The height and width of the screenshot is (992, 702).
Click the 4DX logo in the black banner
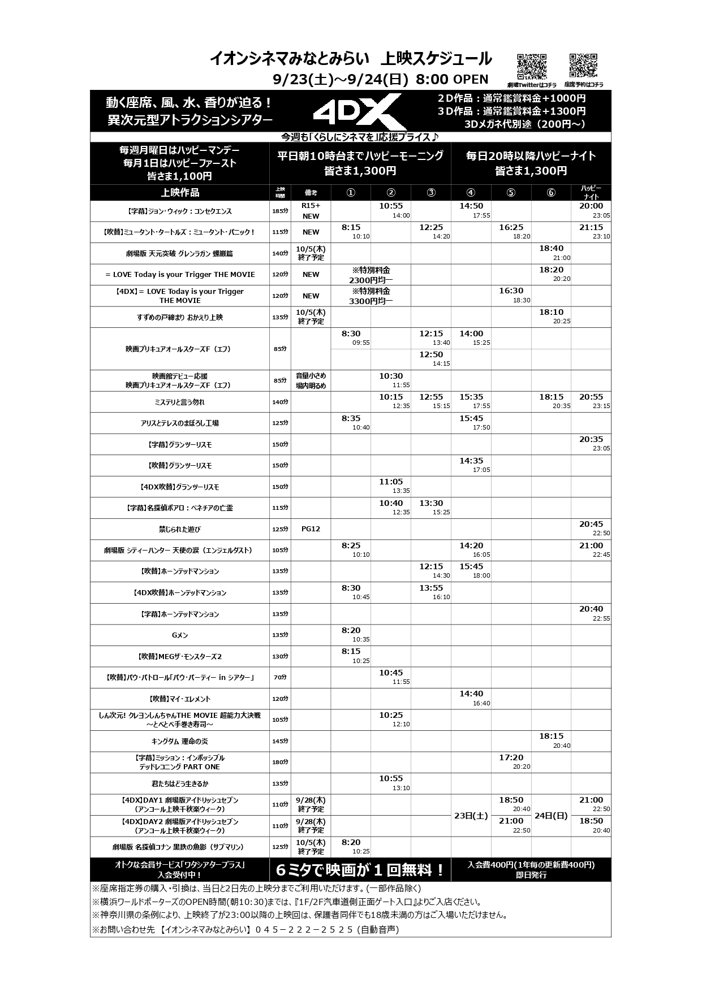click(358, 111)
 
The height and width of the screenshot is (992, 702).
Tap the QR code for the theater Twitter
click(532, 67)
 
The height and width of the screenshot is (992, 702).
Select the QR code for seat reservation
click(583, 67)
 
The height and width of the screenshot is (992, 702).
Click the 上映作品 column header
click(180, 192)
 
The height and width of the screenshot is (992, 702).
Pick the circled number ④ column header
click(471, 192)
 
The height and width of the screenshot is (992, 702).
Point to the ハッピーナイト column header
click(591, 192)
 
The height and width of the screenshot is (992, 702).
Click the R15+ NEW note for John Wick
click(311, 211)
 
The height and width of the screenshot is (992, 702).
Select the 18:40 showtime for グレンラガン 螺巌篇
click(551, 249)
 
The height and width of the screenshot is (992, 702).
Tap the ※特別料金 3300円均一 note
click(371, 296)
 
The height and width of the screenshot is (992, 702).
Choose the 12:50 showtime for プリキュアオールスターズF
click(431, 355)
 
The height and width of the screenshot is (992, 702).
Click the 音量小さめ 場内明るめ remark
click(311, 380)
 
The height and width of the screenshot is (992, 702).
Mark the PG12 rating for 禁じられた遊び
click(311, 529)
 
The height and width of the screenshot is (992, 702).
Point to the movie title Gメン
click(180, 635)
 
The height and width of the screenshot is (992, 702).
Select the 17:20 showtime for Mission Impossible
click(511, 758)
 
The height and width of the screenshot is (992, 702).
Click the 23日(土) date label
click(471, 816)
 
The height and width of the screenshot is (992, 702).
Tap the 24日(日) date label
click(551, 816)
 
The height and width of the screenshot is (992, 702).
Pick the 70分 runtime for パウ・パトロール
click(280, 678)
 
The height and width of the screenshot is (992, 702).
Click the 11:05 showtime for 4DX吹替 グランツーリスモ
click(391, 482)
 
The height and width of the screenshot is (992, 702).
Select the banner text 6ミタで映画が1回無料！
click(360, 870)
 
